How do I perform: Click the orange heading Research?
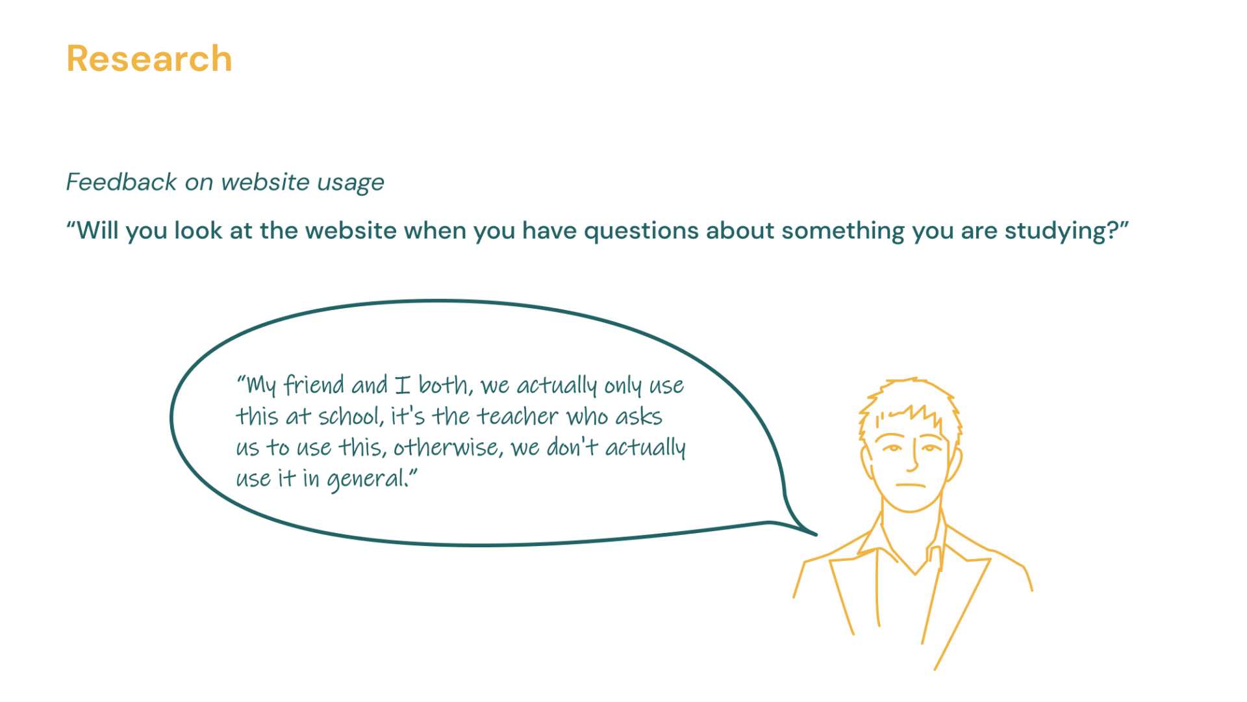point(149,59)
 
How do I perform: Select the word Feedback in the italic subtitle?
point(121,182)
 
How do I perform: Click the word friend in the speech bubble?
point(314,385)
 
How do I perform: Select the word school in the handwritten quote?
point(349,416)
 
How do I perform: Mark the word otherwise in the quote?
point(447,447)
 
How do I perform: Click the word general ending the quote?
point(367,480)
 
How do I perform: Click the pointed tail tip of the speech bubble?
point(816,535)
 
